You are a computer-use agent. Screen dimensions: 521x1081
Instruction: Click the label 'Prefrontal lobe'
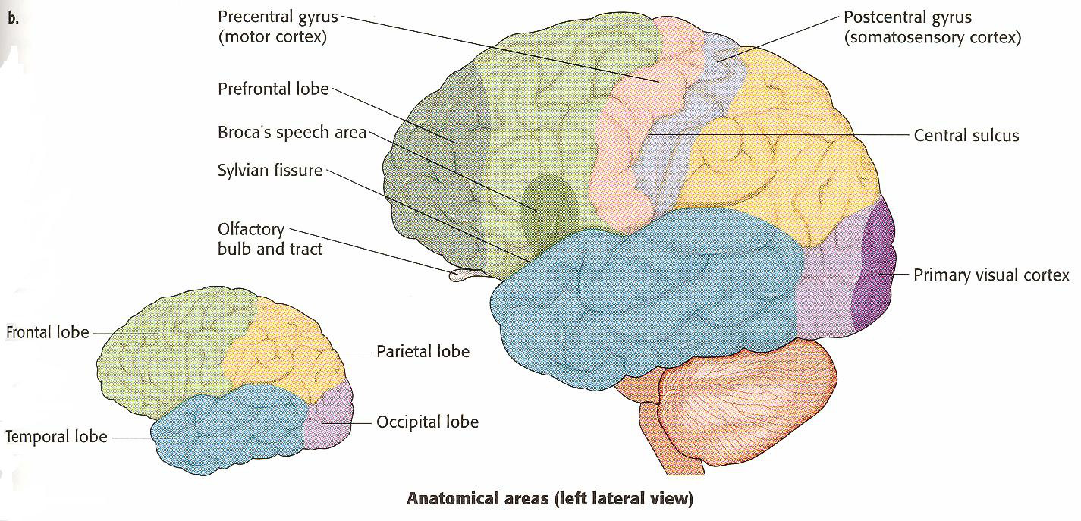273,89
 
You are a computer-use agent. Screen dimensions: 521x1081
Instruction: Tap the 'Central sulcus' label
966,136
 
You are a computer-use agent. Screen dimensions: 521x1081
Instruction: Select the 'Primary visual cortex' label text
991,275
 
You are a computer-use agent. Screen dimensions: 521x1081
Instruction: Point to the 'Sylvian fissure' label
270,171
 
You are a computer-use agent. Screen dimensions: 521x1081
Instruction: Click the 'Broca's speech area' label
292,132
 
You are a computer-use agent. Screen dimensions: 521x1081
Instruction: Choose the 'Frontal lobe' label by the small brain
47,332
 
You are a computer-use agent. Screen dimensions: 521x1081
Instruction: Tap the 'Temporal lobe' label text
55,437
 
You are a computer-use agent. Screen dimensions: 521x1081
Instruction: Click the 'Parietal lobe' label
423,351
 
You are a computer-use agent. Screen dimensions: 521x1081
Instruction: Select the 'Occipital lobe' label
427,421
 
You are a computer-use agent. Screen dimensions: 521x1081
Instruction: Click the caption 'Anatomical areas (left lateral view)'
550,499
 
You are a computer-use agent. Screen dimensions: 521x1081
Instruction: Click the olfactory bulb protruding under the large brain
460,275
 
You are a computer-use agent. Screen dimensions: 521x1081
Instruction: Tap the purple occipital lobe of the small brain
328,421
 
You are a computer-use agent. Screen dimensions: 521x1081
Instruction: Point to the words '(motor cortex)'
272,36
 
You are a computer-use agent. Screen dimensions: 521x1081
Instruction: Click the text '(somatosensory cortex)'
933,36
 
